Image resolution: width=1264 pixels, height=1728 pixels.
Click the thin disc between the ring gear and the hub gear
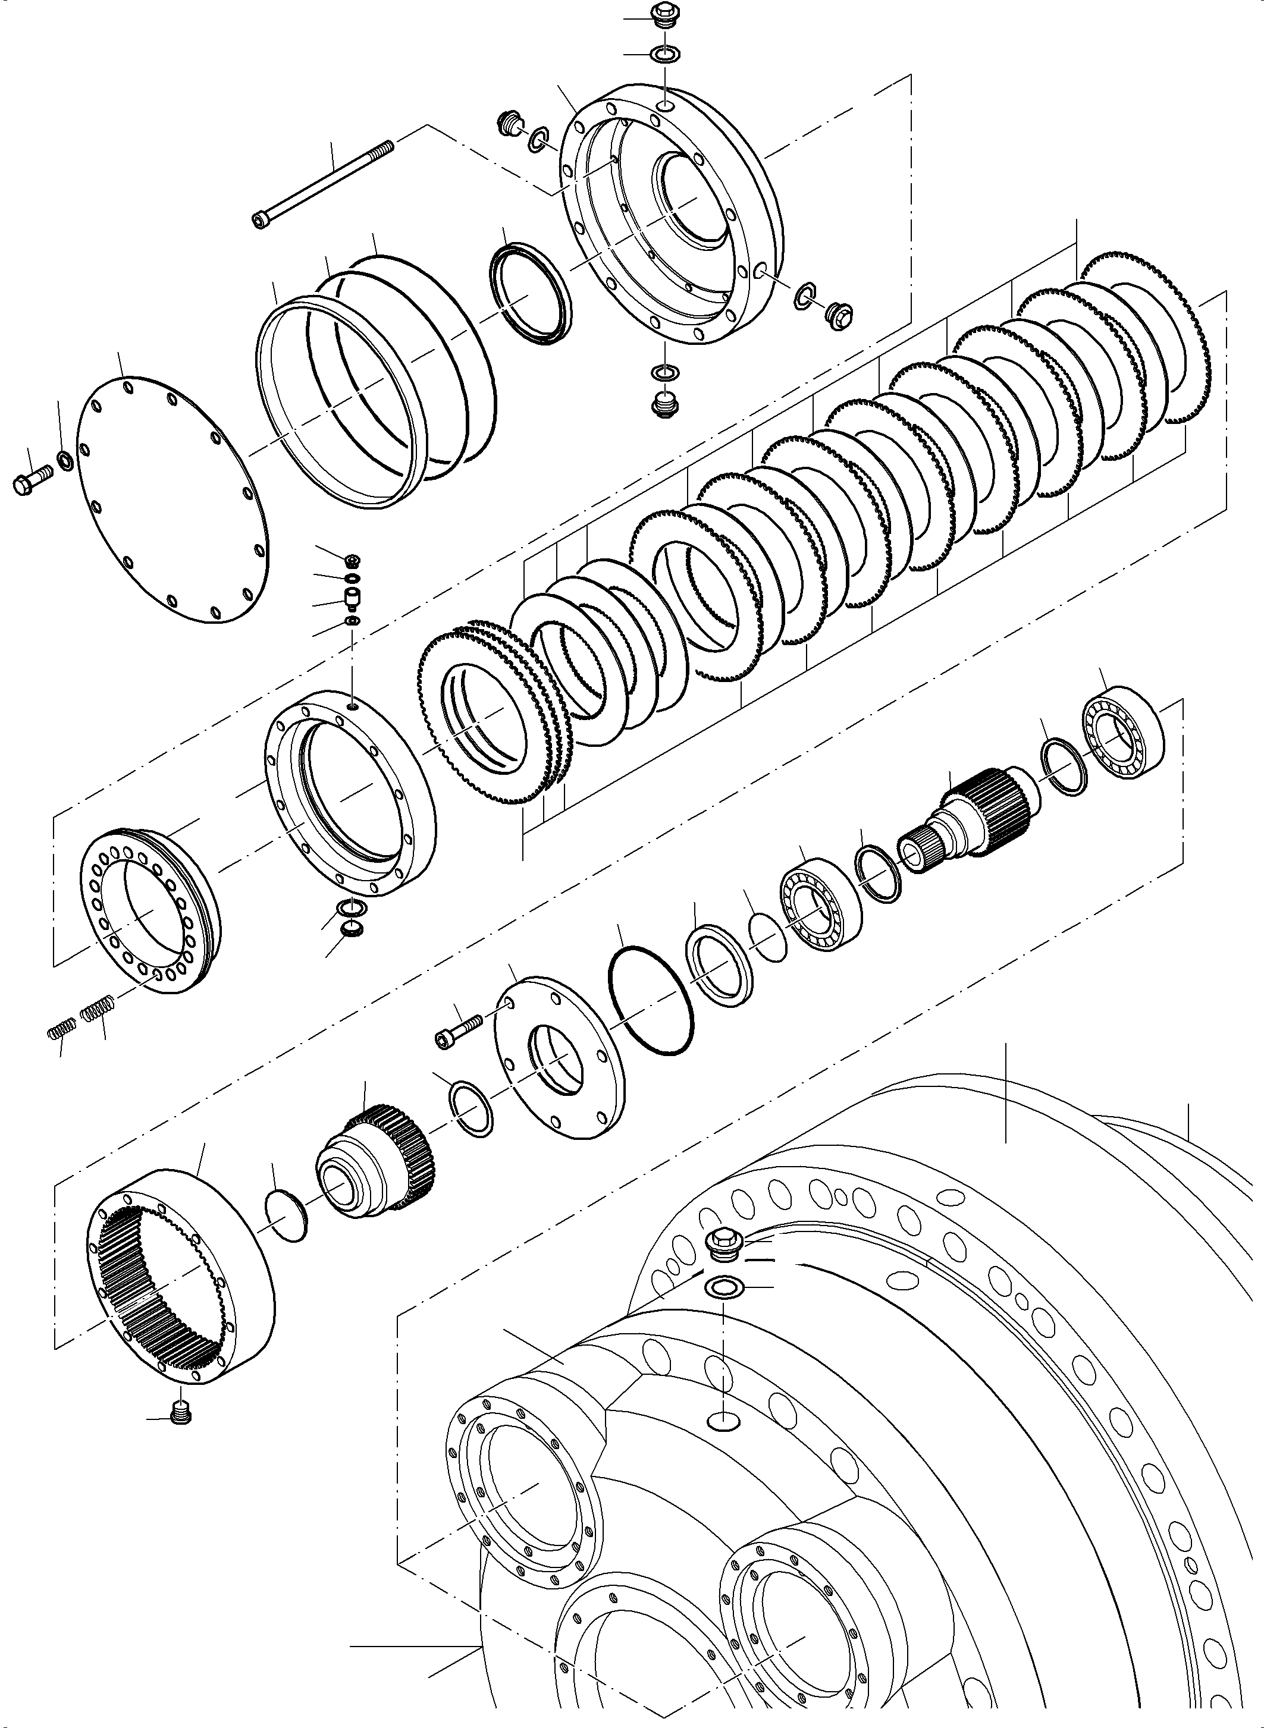point(287,1215)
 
